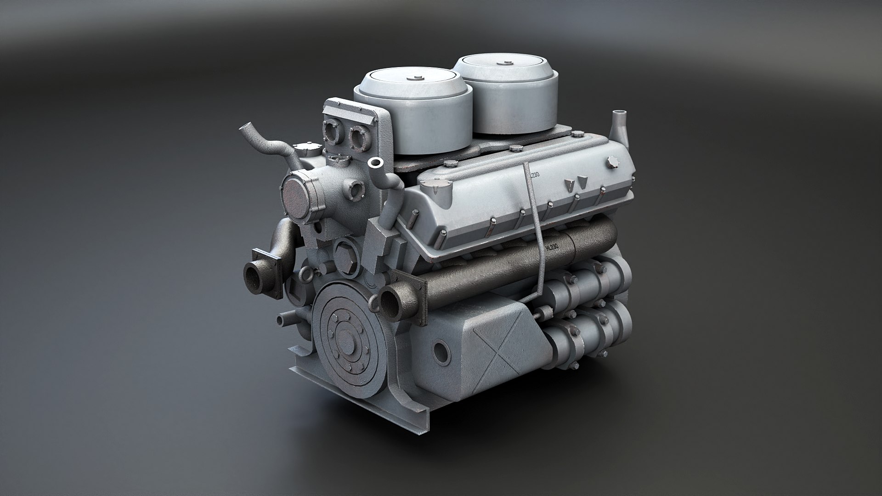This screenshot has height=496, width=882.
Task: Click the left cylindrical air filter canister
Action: [413, 119]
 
